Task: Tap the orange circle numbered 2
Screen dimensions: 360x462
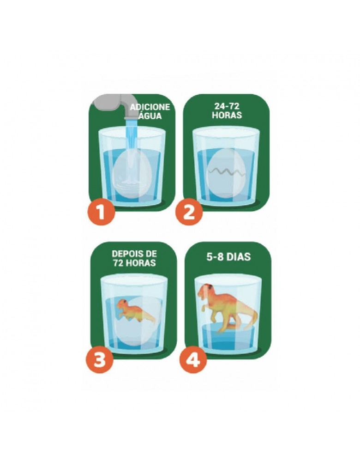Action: pyautogui.click(x=189, y=212)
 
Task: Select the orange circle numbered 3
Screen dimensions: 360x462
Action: pyautogui.click(x=100, y=360)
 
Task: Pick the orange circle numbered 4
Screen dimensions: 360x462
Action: pyautogui.click(x=194, y=360)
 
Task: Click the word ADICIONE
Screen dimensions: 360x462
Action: pyautogui.click(x=150, y=107)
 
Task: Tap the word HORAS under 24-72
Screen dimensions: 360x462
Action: pyautogui.click(x=227, y=115)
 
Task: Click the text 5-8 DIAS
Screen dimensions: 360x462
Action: pyautogui.click(x=228, y=257)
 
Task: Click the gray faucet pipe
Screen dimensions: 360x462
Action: pyautogui.click(x=115, y=105)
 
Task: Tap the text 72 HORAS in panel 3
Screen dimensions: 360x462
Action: pyautogui.click(x=134, y=262)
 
